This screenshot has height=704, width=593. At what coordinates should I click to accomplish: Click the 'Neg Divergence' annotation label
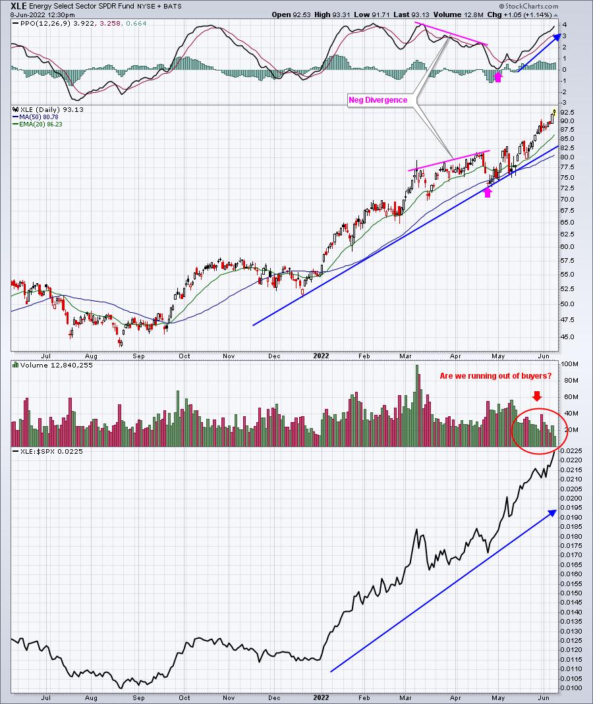coord(378,100)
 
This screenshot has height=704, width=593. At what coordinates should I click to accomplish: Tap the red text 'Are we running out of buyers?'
coord(495,376)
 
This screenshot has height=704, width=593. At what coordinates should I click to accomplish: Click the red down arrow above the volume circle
coord(537,396)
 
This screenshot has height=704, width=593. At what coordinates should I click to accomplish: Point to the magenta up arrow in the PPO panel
coord(497,77)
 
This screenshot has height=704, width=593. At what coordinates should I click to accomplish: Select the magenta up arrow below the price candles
coord(488,192)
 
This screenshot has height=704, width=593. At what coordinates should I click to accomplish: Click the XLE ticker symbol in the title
coord(18,7)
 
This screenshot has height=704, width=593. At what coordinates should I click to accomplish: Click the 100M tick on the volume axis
coord(569,364)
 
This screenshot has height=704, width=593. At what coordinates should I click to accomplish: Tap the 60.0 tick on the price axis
coord(567,246)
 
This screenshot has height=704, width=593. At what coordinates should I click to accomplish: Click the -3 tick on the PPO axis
coord(564,103)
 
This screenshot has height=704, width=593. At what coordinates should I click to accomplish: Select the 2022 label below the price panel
coord(322,356)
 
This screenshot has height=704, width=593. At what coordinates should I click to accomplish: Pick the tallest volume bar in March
coord(417,406)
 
